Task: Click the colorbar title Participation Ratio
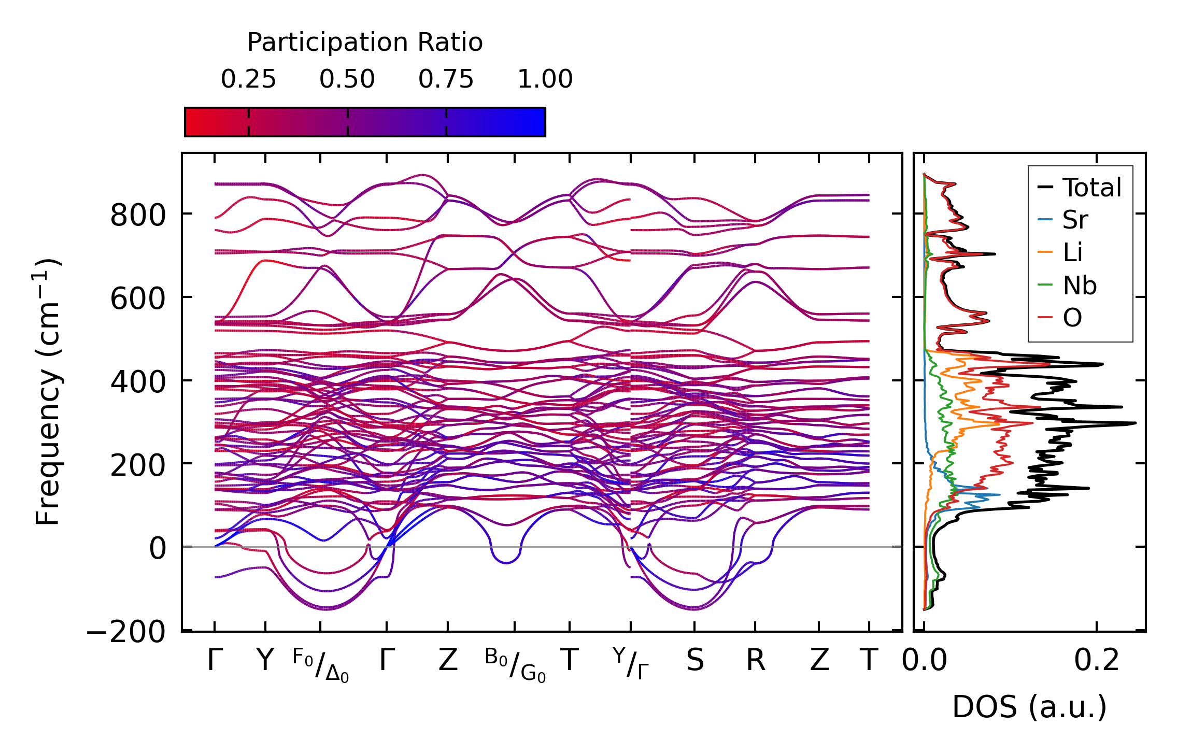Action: pyautogui.click(x=364, y=42)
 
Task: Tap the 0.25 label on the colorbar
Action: pyautogui.click(x=248, y=79)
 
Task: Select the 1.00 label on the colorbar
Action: pyautogui.click(x=545, y=79)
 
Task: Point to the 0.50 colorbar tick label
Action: pyautogui.click(x=347, y=79)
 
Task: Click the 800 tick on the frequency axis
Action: pyautogui.click(x=137, y=215)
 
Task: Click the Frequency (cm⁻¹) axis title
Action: pyautogui.click(x=48, y=392)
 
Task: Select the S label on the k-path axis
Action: pyautogui.click(x=694, y=661)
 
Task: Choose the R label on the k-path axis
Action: pyautogui.click(x=755, y=661)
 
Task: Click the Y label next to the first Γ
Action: pyautogui.click(x=265, y=661)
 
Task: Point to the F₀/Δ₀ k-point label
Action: pyautogui.click(x=320, y=665)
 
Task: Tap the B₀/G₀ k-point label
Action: pyautogui.click(x=515, y=665)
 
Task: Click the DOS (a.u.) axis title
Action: pyautogui.click(x=1029, y=707)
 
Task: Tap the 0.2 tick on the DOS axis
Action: pyautogui.click(x=1096, y=661)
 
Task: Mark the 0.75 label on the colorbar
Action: pyautogui.click(x=446, y=79)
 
